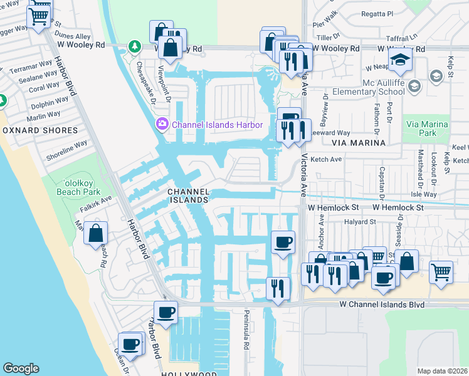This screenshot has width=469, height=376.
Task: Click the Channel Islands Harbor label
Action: click(217, 124)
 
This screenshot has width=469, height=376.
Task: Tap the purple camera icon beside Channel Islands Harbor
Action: click(163, 124)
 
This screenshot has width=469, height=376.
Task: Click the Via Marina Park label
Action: click(427, 128)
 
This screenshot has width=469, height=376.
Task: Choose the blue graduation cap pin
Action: click(399, 61)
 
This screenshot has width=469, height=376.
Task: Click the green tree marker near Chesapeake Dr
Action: click(134, 46)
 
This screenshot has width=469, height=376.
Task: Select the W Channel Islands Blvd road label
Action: click(382, 305)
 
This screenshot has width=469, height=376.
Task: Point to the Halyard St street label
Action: click(358, 221)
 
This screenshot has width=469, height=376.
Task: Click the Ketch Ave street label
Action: click(326, 159)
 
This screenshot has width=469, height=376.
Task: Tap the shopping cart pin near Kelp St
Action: click(441, 271)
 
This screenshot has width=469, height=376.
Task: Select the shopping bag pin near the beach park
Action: click(95, 233)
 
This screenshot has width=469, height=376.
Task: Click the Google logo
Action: click(21, 368)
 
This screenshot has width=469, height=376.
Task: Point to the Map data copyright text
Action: click(443, 370)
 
